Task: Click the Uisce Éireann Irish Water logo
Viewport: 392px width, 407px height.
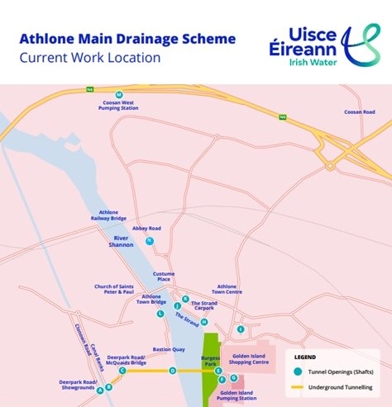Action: pyautogui.click(x=325, y=45)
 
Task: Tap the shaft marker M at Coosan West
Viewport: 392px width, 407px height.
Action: pyautogui.click(x=119, y=94)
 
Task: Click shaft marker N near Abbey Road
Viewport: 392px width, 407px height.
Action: pyautogui.click(x=149, y=241)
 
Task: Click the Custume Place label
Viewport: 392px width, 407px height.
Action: pyautogui.click(x=164, y=277)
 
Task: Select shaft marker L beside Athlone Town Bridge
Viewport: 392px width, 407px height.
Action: pyautogui.click(x=160, y=314)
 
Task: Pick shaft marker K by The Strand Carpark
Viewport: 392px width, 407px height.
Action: pyautogui.click(x=186, y=299)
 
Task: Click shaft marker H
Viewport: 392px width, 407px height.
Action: pyautogui.click(x=203, y=321)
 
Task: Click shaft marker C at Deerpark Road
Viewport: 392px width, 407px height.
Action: pyautogui.click(x=122, y=371)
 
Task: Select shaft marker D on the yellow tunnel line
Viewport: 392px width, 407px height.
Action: pyautogui.click(x=172, y=371)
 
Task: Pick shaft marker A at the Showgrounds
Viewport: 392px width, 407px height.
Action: pyautogui.click(x=100, y=390)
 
